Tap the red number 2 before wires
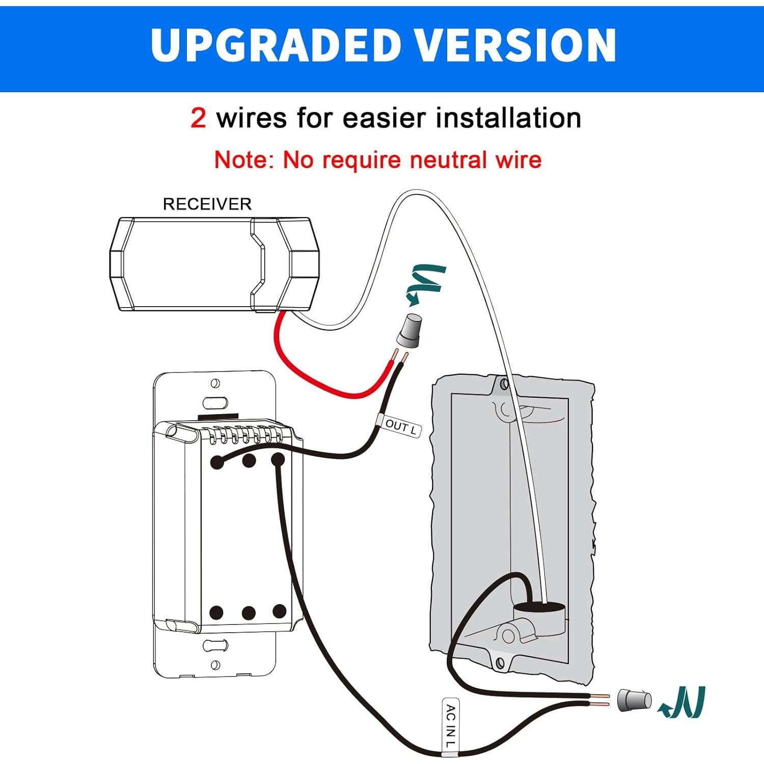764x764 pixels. (x=198, y=118)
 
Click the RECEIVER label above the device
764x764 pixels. (x=207, y=204)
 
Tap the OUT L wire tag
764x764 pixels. (x=400, y=427)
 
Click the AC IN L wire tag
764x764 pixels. (x=451, y=726)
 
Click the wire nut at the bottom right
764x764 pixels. (x=634, y=700)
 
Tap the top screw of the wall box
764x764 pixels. (x=504, y=384)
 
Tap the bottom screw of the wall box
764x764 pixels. (x=500, y=663)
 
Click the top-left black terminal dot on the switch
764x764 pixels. (x=217, y=462)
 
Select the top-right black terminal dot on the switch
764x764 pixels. (x=278, y=460)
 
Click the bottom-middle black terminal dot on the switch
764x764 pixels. (x=249, y=613)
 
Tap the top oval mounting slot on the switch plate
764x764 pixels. (x=215, y=403)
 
